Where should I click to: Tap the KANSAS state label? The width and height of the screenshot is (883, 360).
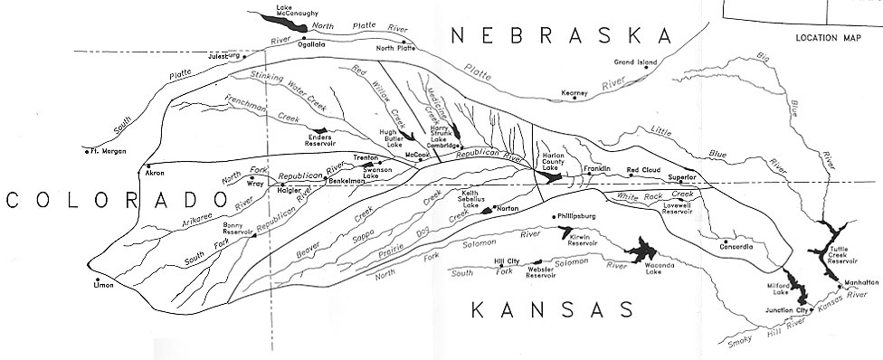pos(553,311)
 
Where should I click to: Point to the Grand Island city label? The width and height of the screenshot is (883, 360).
pos(634,62)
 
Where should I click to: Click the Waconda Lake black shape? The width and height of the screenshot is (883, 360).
pos(642,250)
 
